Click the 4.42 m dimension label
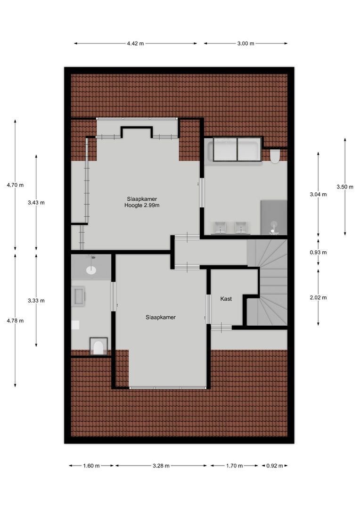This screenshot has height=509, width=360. click(135, 43)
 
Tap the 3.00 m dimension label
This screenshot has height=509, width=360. click(245, 43)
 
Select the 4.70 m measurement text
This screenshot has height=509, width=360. click(15, 185)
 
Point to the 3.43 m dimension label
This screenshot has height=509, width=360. click(36, 203)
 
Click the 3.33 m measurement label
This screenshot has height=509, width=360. click(36, 300)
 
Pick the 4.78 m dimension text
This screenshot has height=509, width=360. click(15, 320)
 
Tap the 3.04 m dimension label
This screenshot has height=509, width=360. click(318, 194)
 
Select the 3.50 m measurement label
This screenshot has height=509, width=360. click(345, 187)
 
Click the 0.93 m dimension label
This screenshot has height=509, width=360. click(318, 252)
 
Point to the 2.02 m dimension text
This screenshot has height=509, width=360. click(318, 297)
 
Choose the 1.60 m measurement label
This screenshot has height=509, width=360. click(91, 466)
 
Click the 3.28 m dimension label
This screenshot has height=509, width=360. click(161, 466)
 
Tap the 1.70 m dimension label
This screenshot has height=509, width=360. click(234, 466)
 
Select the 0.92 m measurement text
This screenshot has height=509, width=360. click(274, 466)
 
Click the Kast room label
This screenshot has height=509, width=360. click(226, 299)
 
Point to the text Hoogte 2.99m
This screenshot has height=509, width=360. click(142, 205)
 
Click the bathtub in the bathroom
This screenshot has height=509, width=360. click(234, 150)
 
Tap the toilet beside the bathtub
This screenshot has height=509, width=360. click(275, 156)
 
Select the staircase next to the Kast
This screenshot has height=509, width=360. click(269, 283)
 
